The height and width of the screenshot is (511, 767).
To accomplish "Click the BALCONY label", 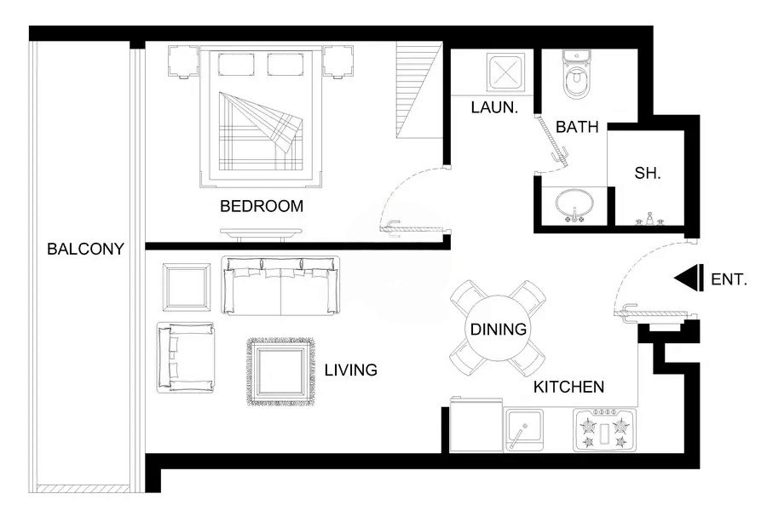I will point(85,250).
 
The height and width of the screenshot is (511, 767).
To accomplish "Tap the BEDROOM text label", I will point(262,206).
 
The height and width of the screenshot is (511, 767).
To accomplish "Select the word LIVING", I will point(350,370).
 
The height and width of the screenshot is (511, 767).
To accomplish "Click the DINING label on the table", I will point(498,330).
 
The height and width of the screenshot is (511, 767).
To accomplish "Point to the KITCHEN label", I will point(568,388).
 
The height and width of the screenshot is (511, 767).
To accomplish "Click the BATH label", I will point(577,127).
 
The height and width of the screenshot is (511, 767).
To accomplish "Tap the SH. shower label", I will point(648,173).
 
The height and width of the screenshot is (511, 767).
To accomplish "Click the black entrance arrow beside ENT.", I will point(687,278).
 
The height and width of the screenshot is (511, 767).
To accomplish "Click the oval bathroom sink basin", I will point(574,204).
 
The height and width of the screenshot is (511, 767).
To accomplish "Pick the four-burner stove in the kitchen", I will point(603,430).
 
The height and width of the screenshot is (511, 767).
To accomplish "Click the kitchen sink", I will point(523,429).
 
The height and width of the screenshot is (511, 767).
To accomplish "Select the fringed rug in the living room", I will point(280,371).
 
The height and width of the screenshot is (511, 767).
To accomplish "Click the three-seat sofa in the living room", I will point(280,284).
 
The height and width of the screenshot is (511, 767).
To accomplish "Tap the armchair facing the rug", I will point(185,357).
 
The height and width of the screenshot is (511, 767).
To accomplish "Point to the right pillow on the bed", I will point(288,65).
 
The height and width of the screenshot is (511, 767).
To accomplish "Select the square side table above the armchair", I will point(187,286).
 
